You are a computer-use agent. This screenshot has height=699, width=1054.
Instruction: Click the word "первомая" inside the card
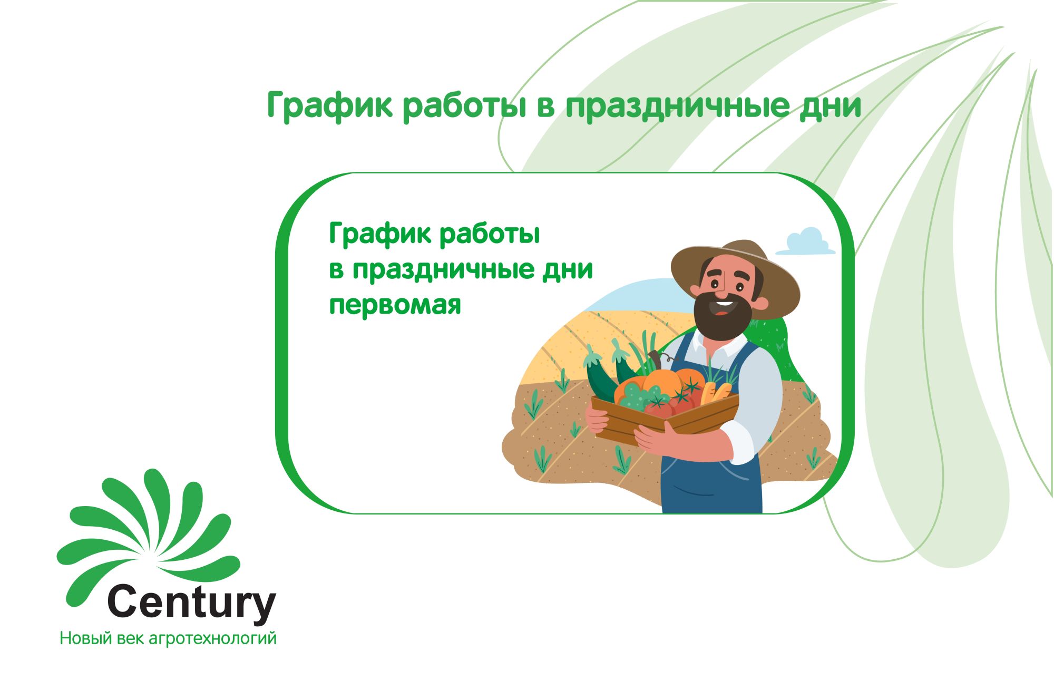click(x=395, y=305)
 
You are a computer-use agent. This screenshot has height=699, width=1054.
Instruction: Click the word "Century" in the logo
click(x=191, y=603)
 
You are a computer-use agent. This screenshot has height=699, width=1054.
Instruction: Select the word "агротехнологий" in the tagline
click(x=213, y=638)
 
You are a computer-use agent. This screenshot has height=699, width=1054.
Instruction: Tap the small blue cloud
click(x=805, y=241)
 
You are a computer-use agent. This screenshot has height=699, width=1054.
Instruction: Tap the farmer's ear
click(x=761, y=304)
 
